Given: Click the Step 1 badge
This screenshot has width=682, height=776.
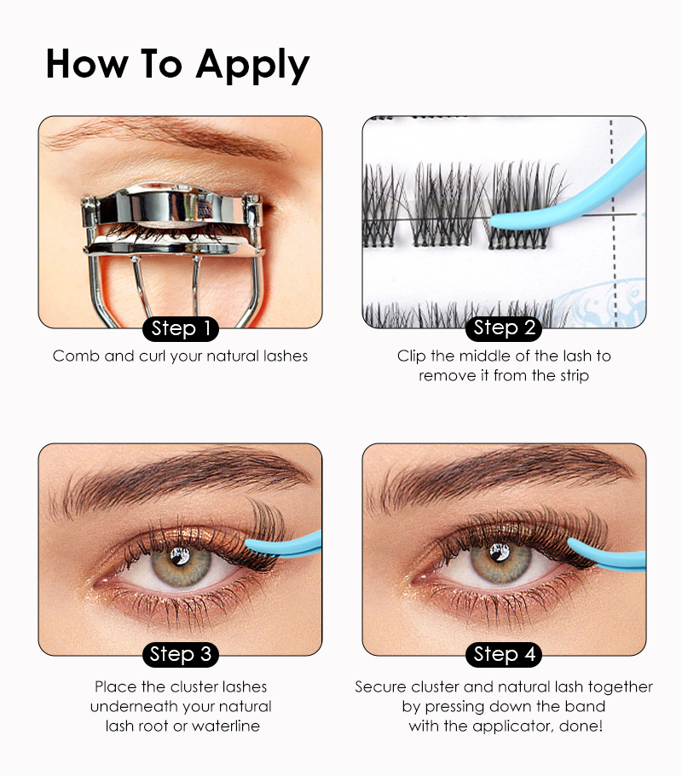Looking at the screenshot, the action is pos(180,328).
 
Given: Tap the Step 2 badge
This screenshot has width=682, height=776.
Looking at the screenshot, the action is pos(504,328).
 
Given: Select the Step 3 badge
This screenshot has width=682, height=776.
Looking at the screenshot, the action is pos(180,654).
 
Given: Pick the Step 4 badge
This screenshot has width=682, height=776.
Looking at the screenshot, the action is pos(504,654).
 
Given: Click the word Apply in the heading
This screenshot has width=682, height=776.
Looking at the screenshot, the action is pos(252,66).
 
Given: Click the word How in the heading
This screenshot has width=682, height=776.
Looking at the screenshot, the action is pos(87,63).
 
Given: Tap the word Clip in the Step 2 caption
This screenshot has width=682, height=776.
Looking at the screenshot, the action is pos(411,356).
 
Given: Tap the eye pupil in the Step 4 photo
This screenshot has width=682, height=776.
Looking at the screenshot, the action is pos(500,553).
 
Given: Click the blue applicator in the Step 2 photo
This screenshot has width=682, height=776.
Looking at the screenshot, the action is pos(569,198).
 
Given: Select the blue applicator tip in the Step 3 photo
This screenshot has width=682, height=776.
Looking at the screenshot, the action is pos(250,546).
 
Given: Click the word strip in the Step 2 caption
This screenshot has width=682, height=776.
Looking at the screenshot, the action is pos(574,376).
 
